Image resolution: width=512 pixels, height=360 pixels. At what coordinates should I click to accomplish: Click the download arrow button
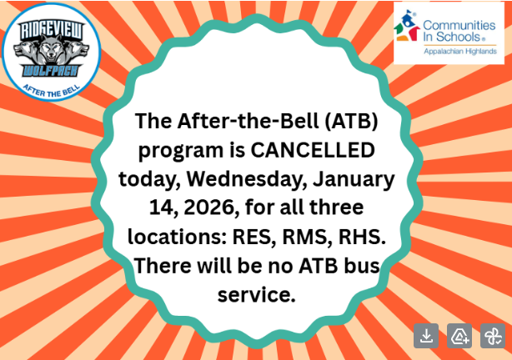(x=426, y=336)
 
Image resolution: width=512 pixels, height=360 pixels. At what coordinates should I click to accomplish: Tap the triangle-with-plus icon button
(x=459, y=336)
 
